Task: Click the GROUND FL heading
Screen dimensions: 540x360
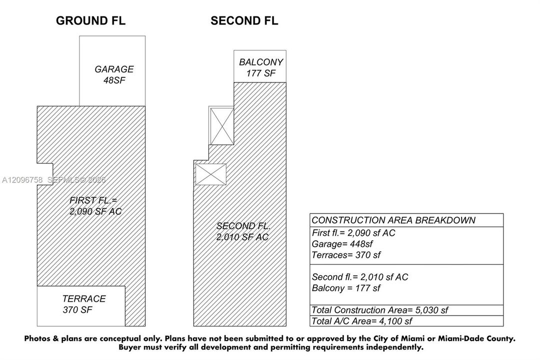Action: [x=90, y=20]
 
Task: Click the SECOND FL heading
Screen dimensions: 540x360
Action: [x=244, y=20]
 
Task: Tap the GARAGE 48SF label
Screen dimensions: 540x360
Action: [x=114, y=74]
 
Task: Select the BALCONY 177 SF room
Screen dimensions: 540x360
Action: [x=260, y=66]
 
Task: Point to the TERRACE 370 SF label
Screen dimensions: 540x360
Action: [x=84, y=304]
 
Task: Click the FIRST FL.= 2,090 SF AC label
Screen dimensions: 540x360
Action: [x=95, y=206]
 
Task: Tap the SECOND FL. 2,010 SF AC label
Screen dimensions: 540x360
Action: [x=243, y=231]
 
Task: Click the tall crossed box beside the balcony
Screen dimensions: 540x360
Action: [x=222, y=126]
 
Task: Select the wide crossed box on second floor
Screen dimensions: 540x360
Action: [x=211, y=174]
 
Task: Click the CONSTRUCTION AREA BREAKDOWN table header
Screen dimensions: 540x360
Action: [x=393, y=220]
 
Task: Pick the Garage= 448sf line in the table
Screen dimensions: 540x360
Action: [x=342, y=244]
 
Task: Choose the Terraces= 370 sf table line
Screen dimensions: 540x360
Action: [x=346, y=255]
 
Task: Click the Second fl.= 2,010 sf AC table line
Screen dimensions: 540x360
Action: [x=360, y=277]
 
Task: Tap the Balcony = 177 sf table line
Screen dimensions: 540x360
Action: [x=346, y=288]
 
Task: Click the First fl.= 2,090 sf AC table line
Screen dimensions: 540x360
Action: [x=353, y=233]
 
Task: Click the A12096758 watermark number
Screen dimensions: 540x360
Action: [x=22, y=179]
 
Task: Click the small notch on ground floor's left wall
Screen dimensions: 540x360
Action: [x=45, y=174]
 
